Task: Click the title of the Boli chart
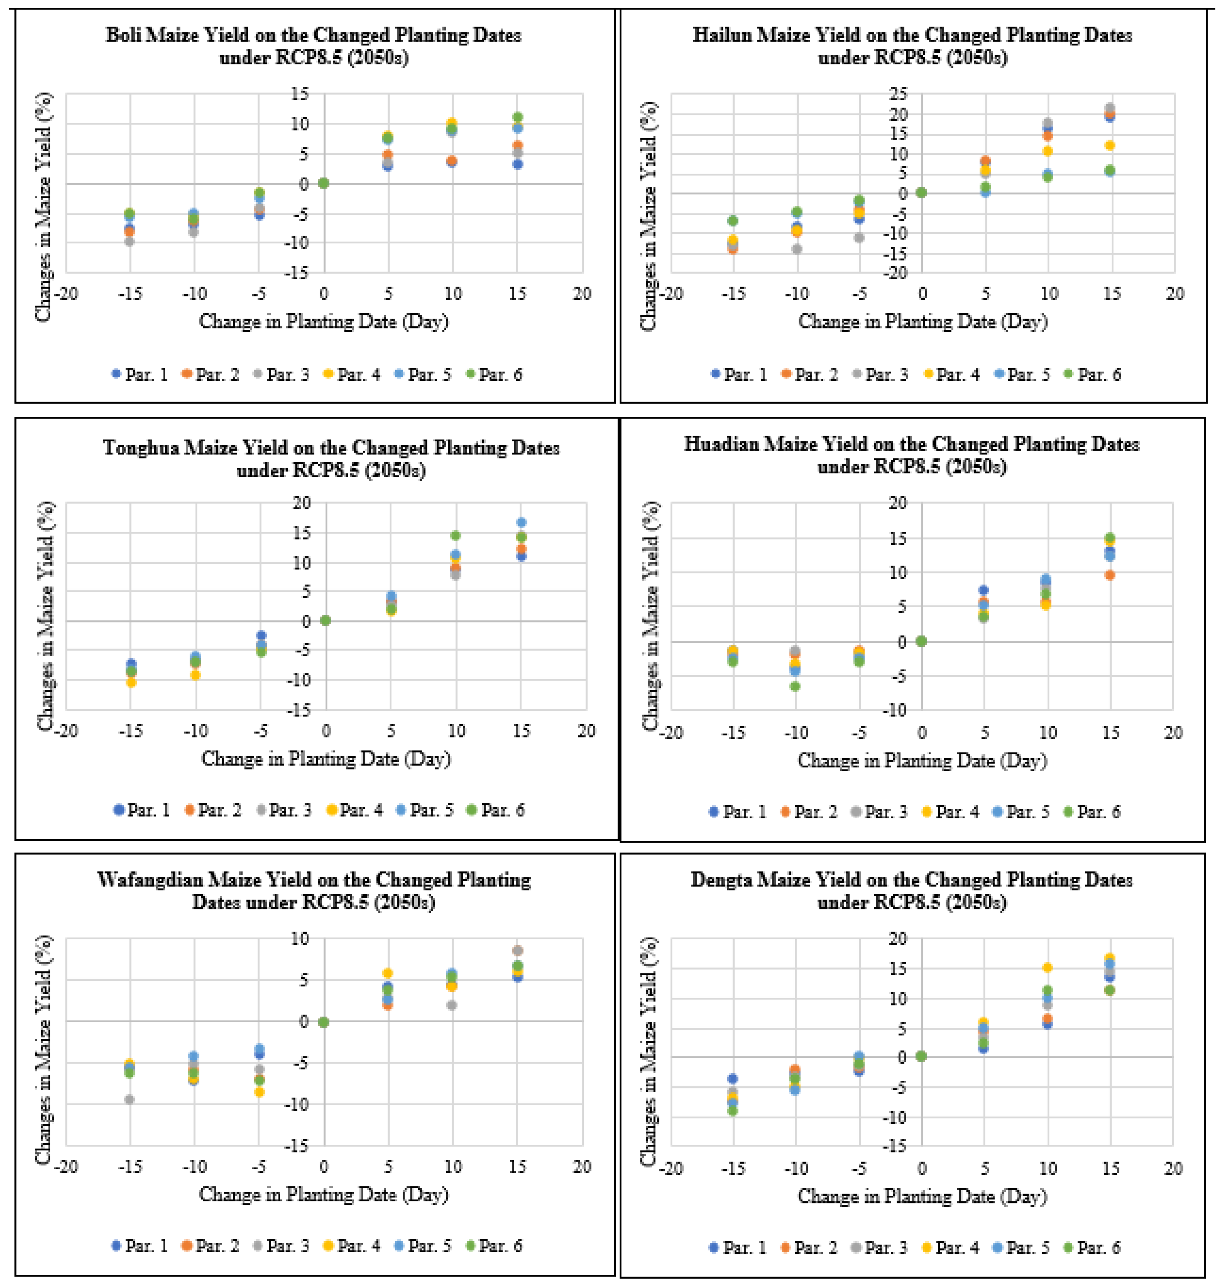[x=314, y=46]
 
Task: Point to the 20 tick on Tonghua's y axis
[x=301, y=503]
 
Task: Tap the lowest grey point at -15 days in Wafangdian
[x=129, y=1099]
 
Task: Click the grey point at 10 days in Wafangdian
[x=452, y=1005]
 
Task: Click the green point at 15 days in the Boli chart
[x=517, y=117]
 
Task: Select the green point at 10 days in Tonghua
[x=456, y=535]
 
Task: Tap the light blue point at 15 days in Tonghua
[x=521, y=522]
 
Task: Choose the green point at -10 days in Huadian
[x=795, y=686]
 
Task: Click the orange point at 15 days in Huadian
[x=1110, y=575]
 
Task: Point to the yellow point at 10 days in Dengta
[x=1047, y=967]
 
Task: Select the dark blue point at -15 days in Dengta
[x=732, y=1079]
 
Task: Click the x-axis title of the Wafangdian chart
[x=324, y=1195]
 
